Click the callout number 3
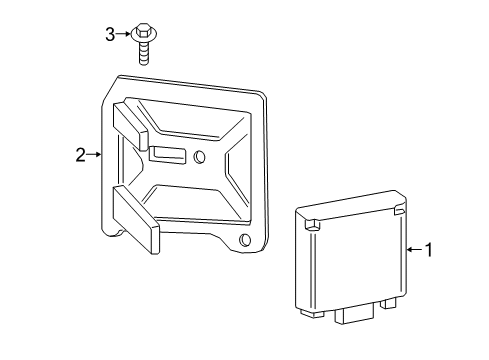pyautogui.click(x=110, y=34)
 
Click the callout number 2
pyautogui.click(x=80, y=155)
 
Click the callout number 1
pyautogui.click(x=429, y=250)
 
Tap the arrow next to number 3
pyautogui.click(x=123, y=34)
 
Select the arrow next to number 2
pyautogui.click(x=94, y=154)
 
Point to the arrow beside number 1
pyautogui.click(x=415, y=249)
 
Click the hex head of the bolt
pyautogui.click(x=144, y=29)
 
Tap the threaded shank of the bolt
pyautogui.click(x=144, y=53)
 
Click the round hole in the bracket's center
pyautogui.click(x=199, y=156)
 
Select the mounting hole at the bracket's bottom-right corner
pyautogui.click(x=245, y=240)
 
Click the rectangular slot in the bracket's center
pyautogui.click(x=169, y=155)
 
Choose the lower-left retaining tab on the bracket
pyautogui.click(x=136, y=219)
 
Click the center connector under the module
pyautogui.click(x=355, y=314)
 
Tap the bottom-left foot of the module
pyautogui.click(x=312, y=313)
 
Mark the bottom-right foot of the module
pyautogui.click(x=388, y=303)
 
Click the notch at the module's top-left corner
pyautogui.click(x=312, y=224)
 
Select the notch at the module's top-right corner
pyautogui.click(x=400, y=211)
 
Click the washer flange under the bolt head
pyautogui.click(x=144, y=35)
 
